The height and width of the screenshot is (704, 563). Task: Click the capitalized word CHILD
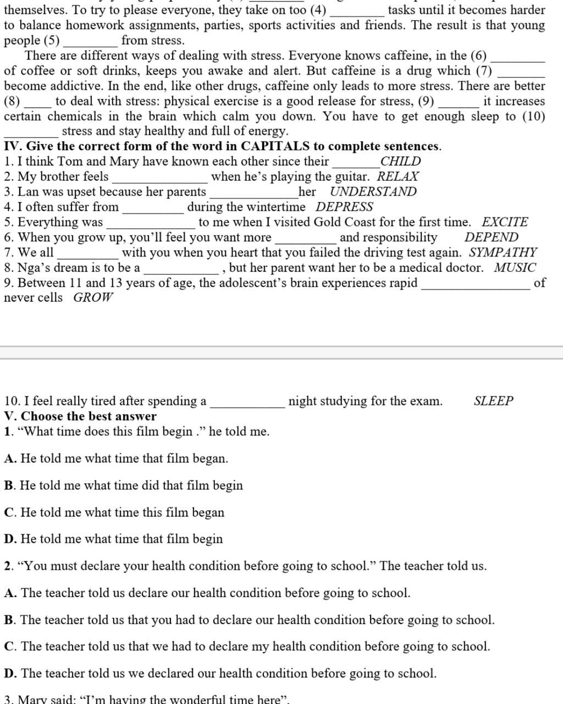[x=400, y=161]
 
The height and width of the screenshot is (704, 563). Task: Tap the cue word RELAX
[x=398, y=177]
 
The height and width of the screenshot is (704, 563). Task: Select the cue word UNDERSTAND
[x=373, y=192]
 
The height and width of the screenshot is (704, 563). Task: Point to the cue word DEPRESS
[x=344, y=207]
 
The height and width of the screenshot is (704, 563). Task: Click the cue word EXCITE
[x=504, y=222]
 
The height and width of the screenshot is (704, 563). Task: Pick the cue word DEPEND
[x=491, y=237]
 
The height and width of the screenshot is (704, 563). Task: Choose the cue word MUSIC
[x=515, y=268]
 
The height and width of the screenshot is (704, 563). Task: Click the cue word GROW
[x=93, y=298]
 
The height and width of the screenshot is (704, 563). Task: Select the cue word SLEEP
[x=493, y=401]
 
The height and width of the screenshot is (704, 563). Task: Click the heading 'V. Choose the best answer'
[x=80, y=416]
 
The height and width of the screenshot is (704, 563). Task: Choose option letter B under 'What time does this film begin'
[x=9, y=485]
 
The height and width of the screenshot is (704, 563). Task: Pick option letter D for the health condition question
[x=10, y=673]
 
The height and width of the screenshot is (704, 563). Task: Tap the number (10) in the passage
[x=533, y=116]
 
